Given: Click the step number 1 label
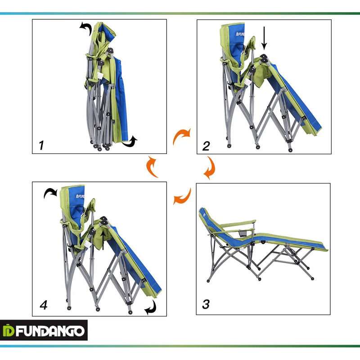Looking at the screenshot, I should pos(41,145).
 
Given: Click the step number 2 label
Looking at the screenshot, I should pos(206,146).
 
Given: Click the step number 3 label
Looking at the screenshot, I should pos(206,305).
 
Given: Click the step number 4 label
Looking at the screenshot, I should pos(43,305).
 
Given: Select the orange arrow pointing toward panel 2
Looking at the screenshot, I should pos(182,135).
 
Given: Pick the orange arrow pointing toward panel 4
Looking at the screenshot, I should pos(182,197).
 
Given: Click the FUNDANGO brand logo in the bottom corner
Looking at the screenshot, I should pos(44,331).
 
